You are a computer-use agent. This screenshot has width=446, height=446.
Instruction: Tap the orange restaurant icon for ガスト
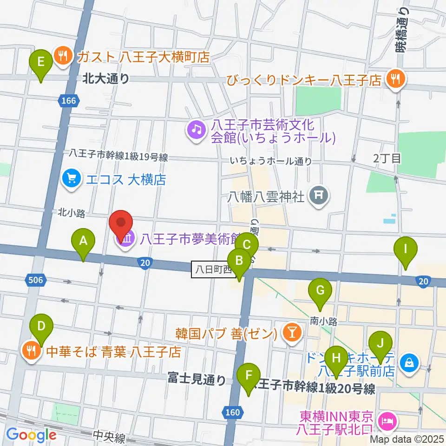[x=61, y=56]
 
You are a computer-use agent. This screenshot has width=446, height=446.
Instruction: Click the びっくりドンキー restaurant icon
[x=395, y=79]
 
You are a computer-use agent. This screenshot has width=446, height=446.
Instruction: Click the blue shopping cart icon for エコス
[x=71, y=179]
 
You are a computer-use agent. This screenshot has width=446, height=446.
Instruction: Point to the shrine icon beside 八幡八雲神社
[x=319, y=195]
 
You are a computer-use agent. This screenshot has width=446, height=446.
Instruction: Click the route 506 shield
[x=36, y=280]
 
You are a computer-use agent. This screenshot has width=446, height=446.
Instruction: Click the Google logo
[x=32, y=435]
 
